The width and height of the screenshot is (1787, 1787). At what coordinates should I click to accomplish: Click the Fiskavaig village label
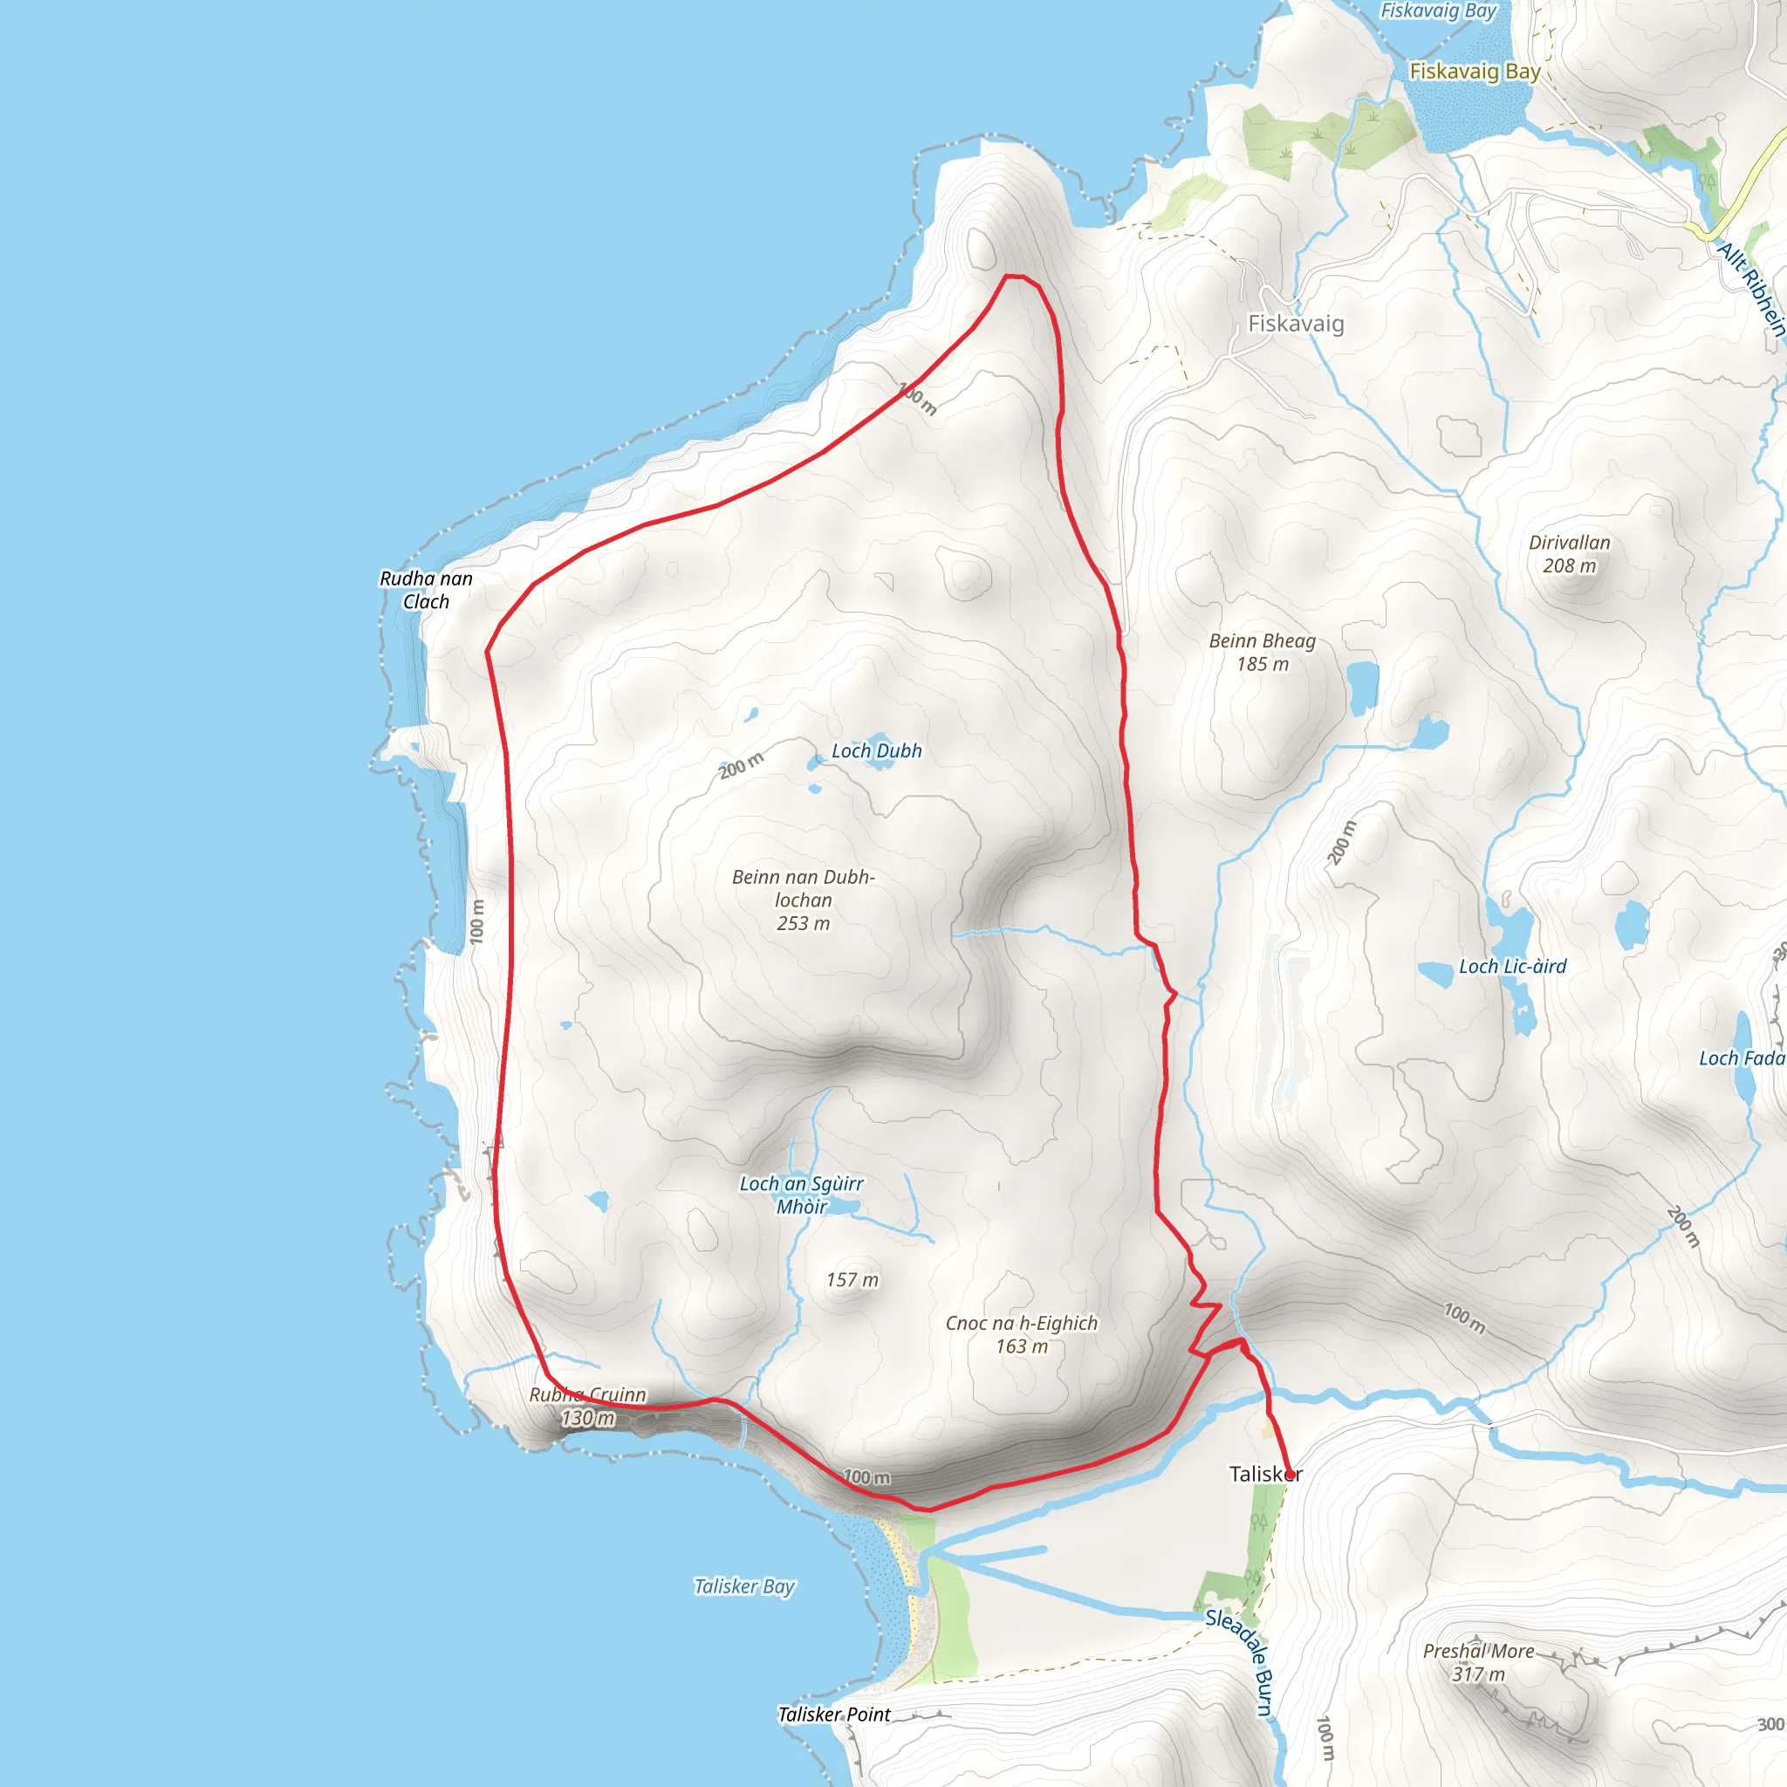tap(1296, 324)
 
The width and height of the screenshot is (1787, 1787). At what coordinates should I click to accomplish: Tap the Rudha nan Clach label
tap(427, 590)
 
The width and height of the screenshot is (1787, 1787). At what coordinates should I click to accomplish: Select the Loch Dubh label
tap(876, 751)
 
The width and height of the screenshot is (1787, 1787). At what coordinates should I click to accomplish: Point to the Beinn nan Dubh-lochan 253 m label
tap(803, 900)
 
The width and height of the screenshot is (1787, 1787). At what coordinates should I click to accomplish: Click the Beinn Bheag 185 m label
tap(1262, 652)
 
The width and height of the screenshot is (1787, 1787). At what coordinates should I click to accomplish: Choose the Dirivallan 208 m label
tap(1570, 554)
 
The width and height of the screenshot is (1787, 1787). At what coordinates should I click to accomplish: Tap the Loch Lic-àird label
tap(1512, 967)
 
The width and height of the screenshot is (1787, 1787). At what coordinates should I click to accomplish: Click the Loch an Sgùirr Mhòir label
tap(801, 1195)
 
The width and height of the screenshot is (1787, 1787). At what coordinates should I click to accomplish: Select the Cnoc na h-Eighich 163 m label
tap(1021, 1335)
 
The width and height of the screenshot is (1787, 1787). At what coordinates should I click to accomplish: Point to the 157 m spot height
tap(852, 1280)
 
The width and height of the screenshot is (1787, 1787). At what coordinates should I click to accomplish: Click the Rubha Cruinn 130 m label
tap(587, 1406)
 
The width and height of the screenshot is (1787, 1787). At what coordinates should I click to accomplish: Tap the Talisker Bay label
tap(744, 1586)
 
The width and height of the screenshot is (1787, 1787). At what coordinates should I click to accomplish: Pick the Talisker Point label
tap(834, 1714)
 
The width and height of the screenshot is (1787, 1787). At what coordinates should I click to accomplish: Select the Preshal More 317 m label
tap(1478, 1662)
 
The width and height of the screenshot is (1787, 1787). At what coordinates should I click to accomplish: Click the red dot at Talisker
tap(1291, 1476)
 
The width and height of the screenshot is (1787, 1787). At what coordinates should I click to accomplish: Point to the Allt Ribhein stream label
tap(1751, 288)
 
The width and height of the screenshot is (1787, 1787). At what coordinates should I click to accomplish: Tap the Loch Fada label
tap(1742, 1058)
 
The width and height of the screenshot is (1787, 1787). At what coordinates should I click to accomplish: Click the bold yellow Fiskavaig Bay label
tap(1475, 72)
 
